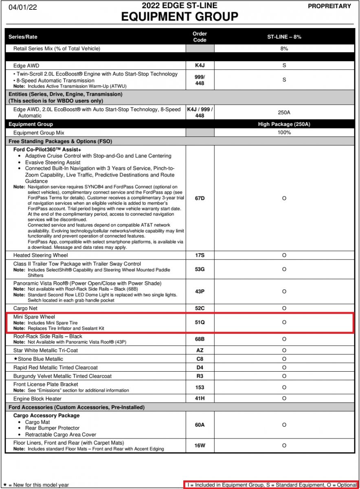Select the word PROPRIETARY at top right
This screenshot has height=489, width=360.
(x=329, y=6)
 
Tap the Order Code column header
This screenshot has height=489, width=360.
(x=200, y=37)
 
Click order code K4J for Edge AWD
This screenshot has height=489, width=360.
(x=200, y=65)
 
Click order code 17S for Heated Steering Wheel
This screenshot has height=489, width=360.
(x=200, y=256)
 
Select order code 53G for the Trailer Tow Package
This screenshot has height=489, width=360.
(x=200, y=269)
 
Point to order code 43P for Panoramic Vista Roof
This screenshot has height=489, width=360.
(x=200, y=291)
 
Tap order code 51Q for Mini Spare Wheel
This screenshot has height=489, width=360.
(x=200, y=322)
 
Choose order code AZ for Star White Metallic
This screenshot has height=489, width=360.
(x=200, y=350)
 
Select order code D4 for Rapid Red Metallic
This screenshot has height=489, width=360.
(x=200, y=368)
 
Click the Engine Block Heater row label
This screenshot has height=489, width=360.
(x=38, y=399)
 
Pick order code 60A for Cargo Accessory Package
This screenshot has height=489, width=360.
(x=200, y=425)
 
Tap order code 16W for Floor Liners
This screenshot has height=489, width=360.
(x=200, y=445)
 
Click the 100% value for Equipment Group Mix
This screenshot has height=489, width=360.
(x=284, y=132)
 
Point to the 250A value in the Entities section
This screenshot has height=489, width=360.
(x=284, y=112)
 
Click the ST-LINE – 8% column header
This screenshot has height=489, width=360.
(x=284, y=37)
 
